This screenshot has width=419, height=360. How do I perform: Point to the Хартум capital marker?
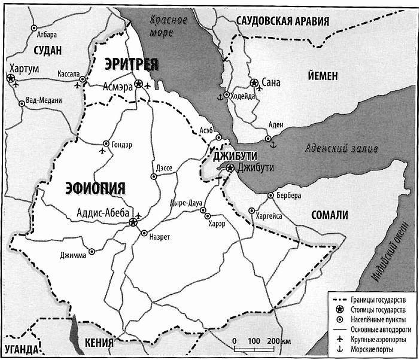[10, 78]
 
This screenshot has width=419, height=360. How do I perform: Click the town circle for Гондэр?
[106, 144]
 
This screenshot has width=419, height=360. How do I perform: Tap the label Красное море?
[169, 26]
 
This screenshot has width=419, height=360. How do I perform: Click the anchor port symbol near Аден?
[274, 144]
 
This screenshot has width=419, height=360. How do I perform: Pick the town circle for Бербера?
[271, 196]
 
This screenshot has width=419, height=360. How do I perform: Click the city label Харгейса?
[270, 216]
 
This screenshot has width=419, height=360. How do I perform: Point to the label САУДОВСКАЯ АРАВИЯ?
[283, 21]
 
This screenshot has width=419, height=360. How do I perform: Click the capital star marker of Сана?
[254, 82]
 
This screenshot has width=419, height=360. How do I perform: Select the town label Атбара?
[47, 35]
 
